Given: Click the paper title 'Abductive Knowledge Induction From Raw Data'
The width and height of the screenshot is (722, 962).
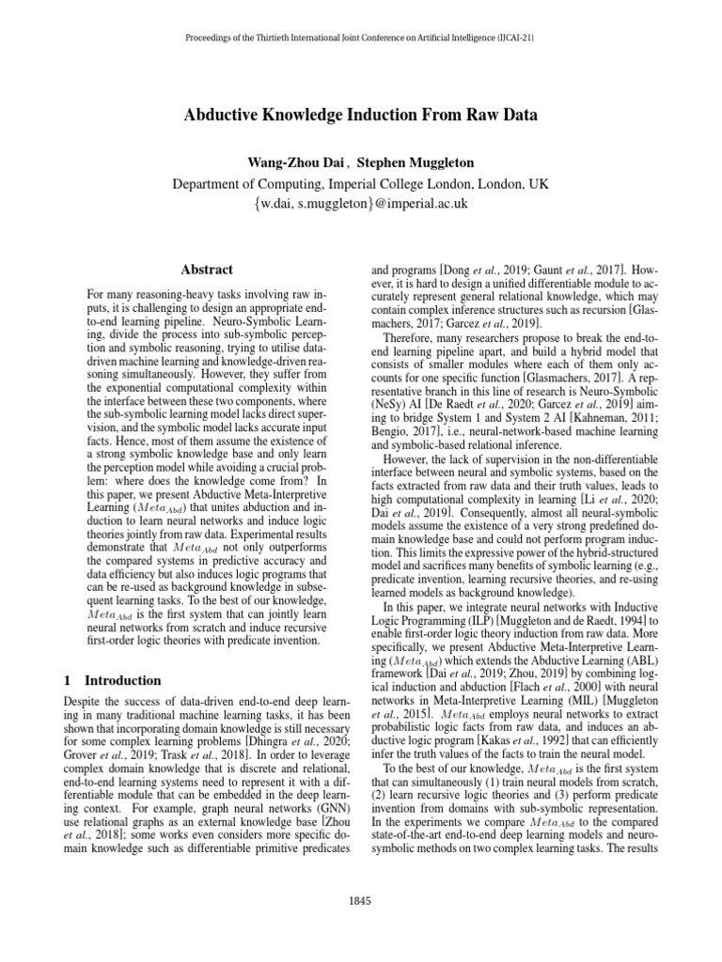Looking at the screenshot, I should tap(360, 116).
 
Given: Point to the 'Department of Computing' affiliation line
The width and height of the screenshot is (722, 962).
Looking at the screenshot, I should tap(360, 182).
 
